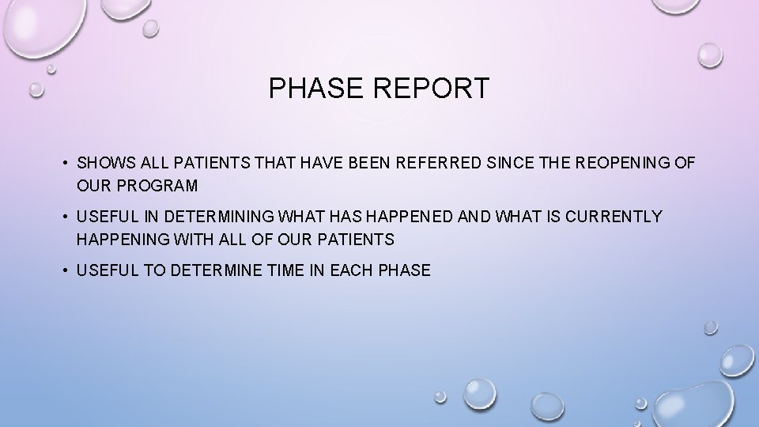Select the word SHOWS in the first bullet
pos(104,163)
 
